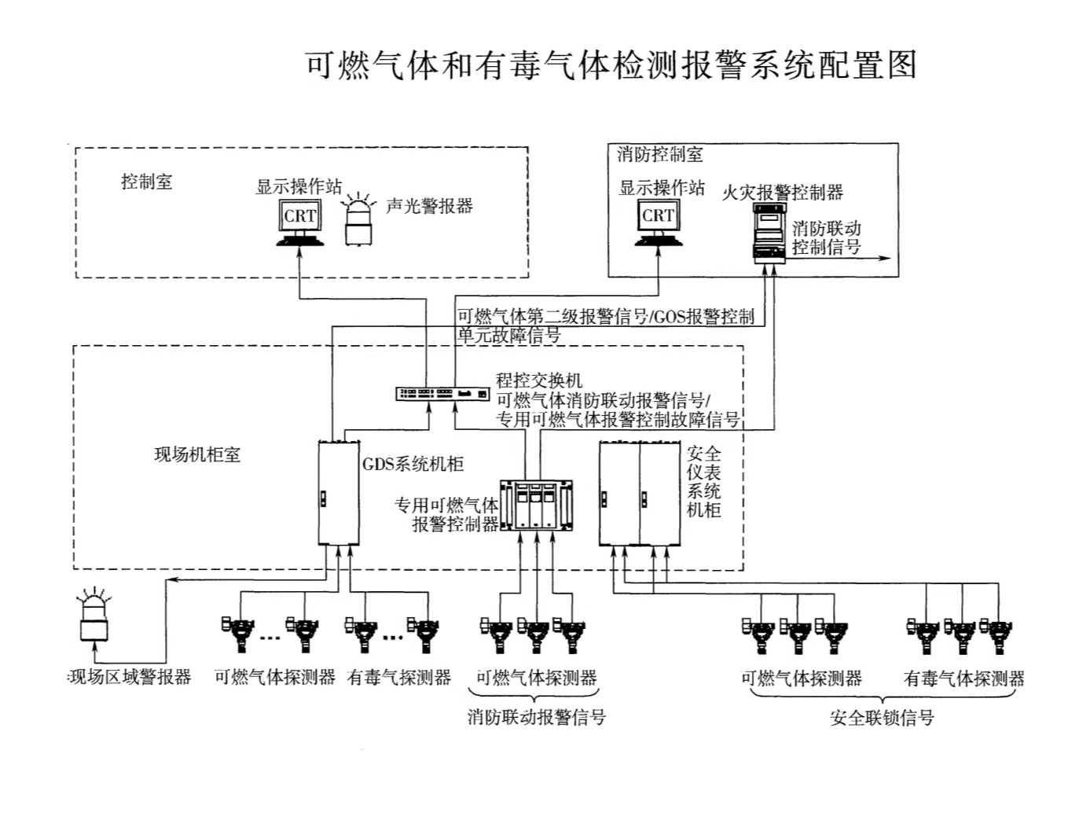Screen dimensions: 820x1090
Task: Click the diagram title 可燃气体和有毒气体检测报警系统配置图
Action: [x=611, y=64]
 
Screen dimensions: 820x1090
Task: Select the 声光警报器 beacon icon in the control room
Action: [x=358, y=222]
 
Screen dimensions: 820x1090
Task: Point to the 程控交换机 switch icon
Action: [x=442, y=393]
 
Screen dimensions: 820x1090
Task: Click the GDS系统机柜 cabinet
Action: [x=339, y=493]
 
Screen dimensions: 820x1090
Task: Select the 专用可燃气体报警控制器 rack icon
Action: [x=537, y=505]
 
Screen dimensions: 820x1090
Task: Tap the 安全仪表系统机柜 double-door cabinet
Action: [x=639, y=493]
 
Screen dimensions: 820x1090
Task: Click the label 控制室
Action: [x=146, y=182]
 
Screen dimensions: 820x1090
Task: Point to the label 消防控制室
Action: [x=659, y=154]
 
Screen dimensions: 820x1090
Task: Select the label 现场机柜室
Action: [x=197, y=454]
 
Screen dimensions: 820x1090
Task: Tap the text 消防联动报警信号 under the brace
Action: [x=537, y=717]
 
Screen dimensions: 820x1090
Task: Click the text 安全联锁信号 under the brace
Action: [x=882, y=718]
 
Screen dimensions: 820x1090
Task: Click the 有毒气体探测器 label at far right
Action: [x=964, y=678]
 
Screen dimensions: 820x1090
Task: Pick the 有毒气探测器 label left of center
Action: [x=399, y=678]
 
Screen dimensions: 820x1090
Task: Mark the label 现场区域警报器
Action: [x=130, y=678]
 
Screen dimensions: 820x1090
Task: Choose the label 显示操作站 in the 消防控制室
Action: [x=662, y=188]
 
